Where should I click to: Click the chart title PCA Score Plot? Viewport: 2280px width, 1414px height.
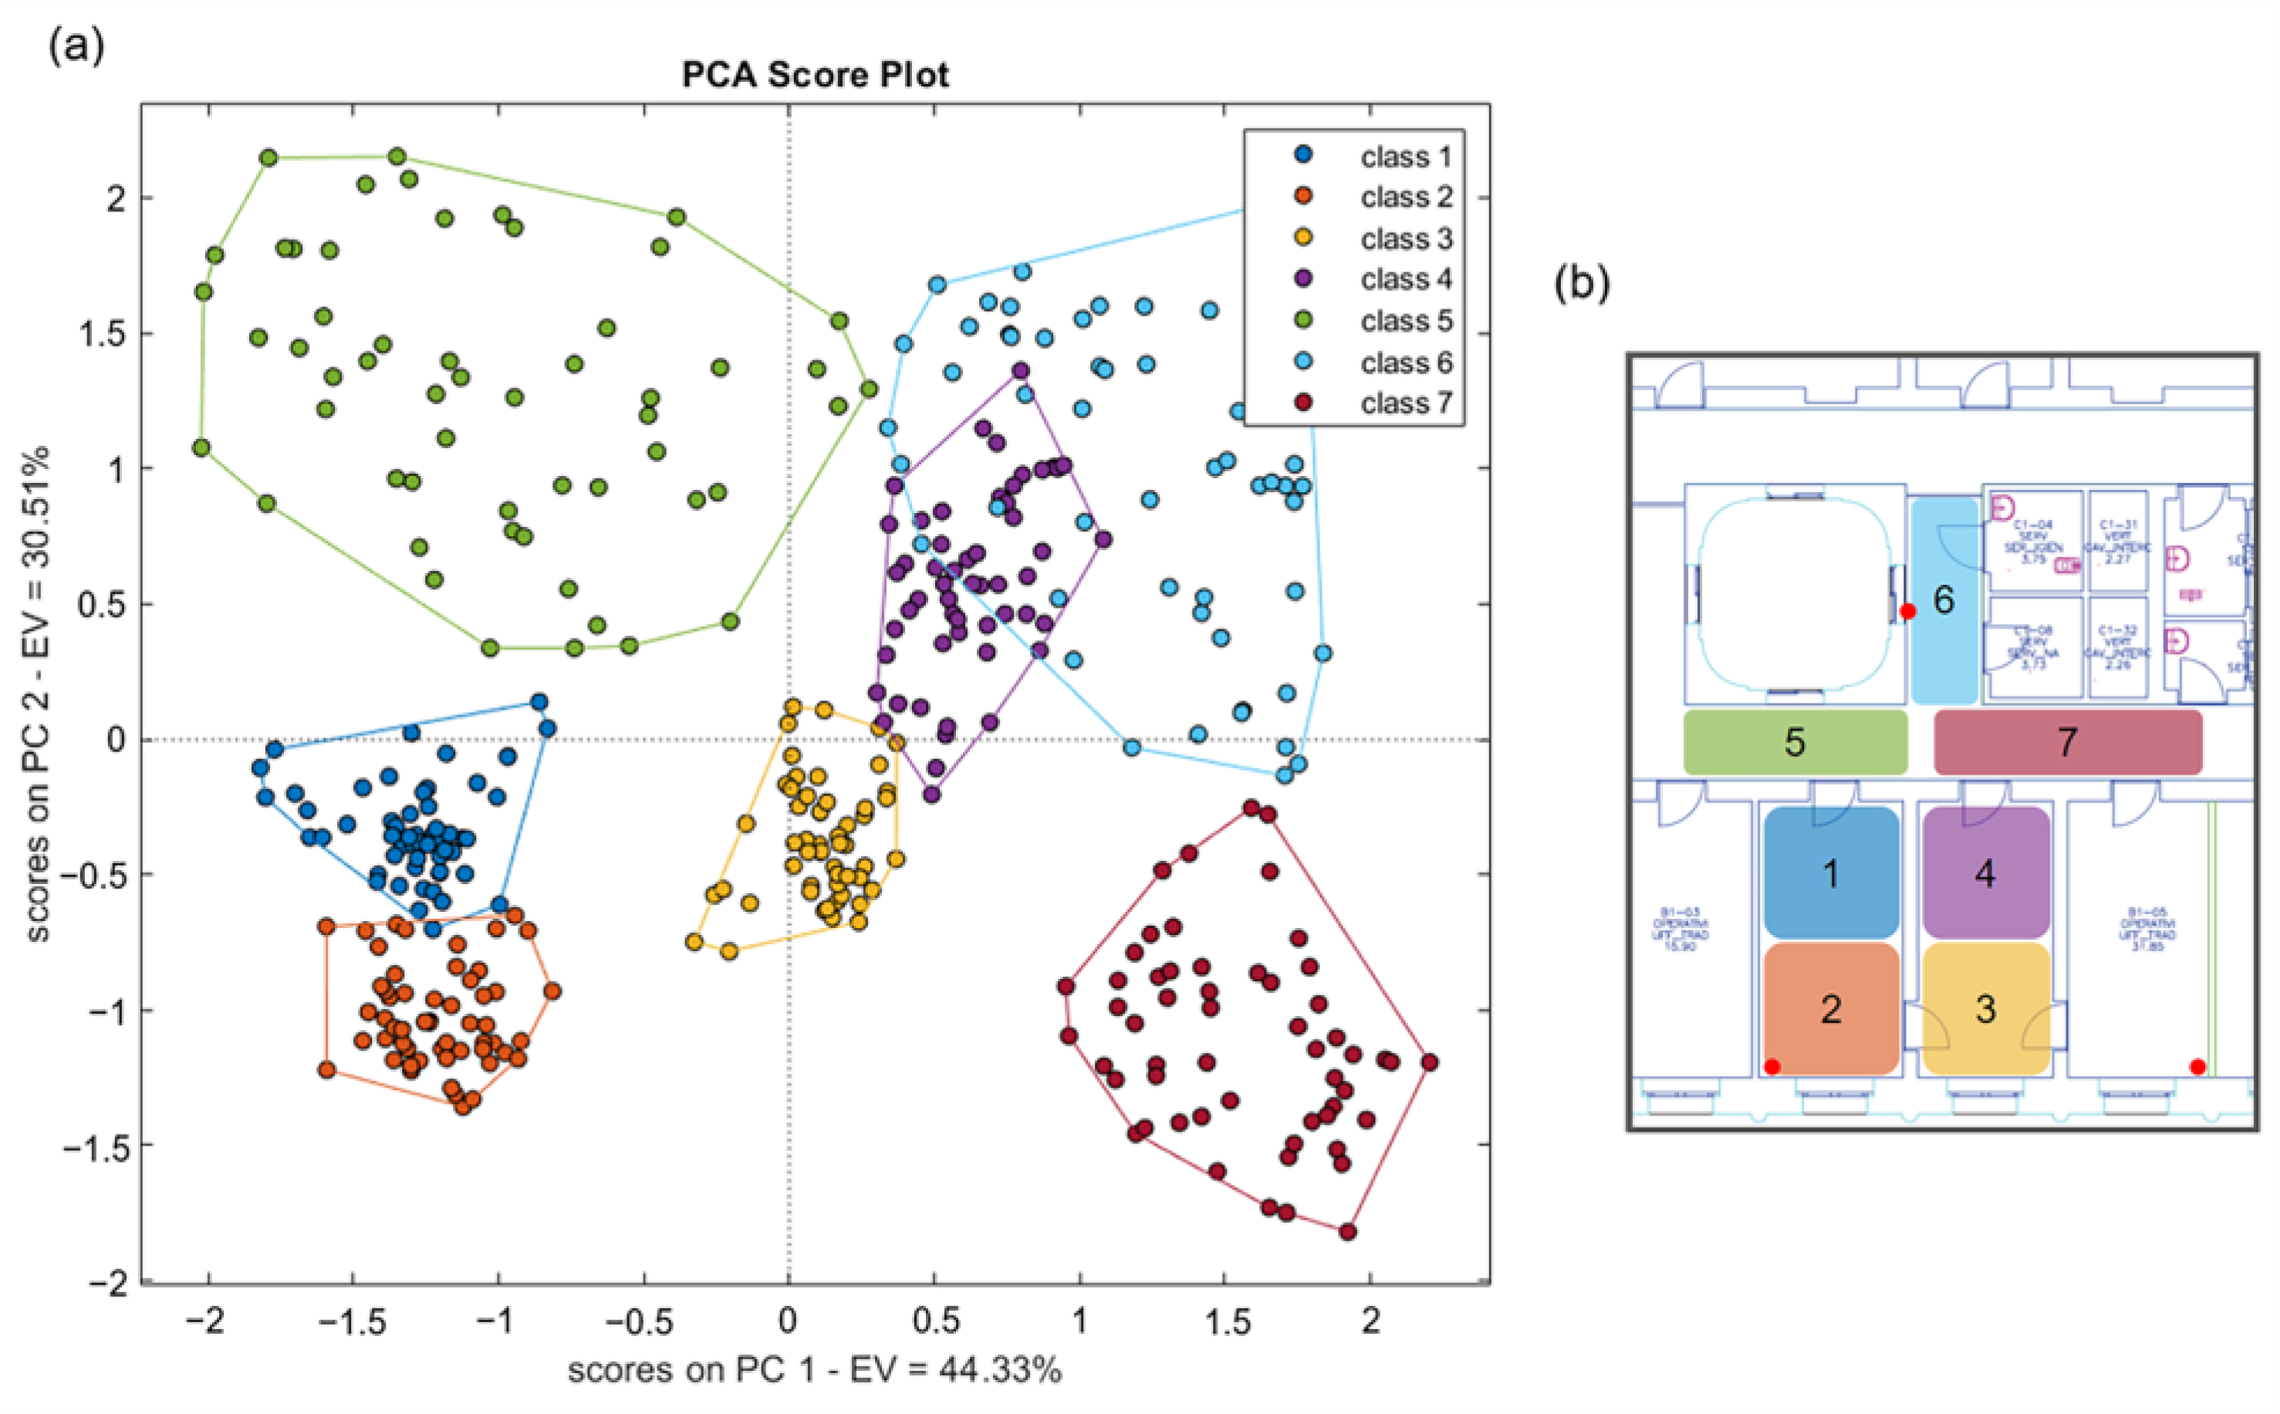[x=815, y=75]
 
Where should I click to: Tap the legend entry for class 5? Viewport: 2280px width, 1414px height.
[x=1406, y=321]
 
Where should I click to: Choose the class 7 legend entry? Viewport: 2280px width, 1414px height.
[x=1406, y=403]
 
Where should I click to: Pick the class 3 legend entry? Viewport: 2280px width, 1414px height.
[x=1406, y=238]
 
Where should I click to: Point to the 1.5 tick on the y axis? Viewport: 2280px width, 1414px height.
[x=103, y=334]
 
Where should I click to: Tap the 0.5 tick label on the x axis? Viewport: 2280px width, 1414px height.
[x=934, y=1321]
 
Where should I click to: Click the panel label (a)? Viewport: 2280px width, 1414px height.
[x=76, y=45]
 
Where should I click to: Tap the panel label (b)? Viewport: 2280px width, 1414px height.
[x=1582, y=283]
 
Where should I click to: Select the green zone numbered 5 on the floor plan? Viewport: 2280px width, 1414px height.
[x=1795, y=741]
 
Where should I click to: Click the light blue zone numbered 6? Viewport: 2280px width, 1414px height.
[x=1944, y=600]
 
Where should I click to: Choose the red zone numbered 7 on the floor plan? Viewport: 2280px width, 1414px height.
[x=2068, y=741]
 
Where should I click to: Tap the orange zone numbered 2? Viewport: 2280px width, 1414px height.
[x=1831, y=1008]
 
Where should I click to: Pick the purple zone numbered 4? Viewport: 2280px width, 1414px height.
[x=1985, y=872]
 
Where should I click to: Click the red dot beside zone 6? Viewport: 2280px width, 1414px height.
[x=1909, y=612]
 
